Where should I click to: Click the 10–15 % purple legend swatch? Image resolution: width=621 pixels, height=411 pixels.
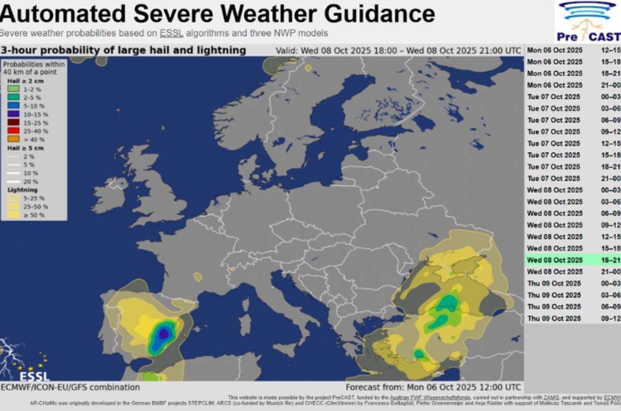(x=13, y=114)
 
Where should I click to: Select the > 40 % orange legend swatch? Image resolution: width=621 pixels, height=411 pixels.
(x=13, y=139)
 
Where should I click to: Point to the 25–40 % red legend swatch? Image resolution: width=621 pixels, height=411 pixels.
(x=13, y=131)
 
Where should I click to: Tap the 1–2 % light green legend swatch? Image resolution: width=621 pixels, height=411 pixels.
(x=13, y=89)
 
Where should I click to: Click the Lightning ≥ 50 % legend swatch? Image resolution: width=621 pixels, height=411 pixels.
(x=13, y=215)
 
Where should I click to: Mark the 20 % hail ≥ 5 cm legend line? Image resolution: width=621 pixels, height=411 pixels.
(x=13, y=181)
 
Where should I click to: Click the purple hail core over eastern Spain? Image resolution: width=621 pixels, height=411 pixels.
(x=163, y=333)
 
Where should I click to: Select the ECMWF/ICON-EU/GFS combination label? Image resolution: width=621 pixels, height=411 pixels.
(x=70, y=387)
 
